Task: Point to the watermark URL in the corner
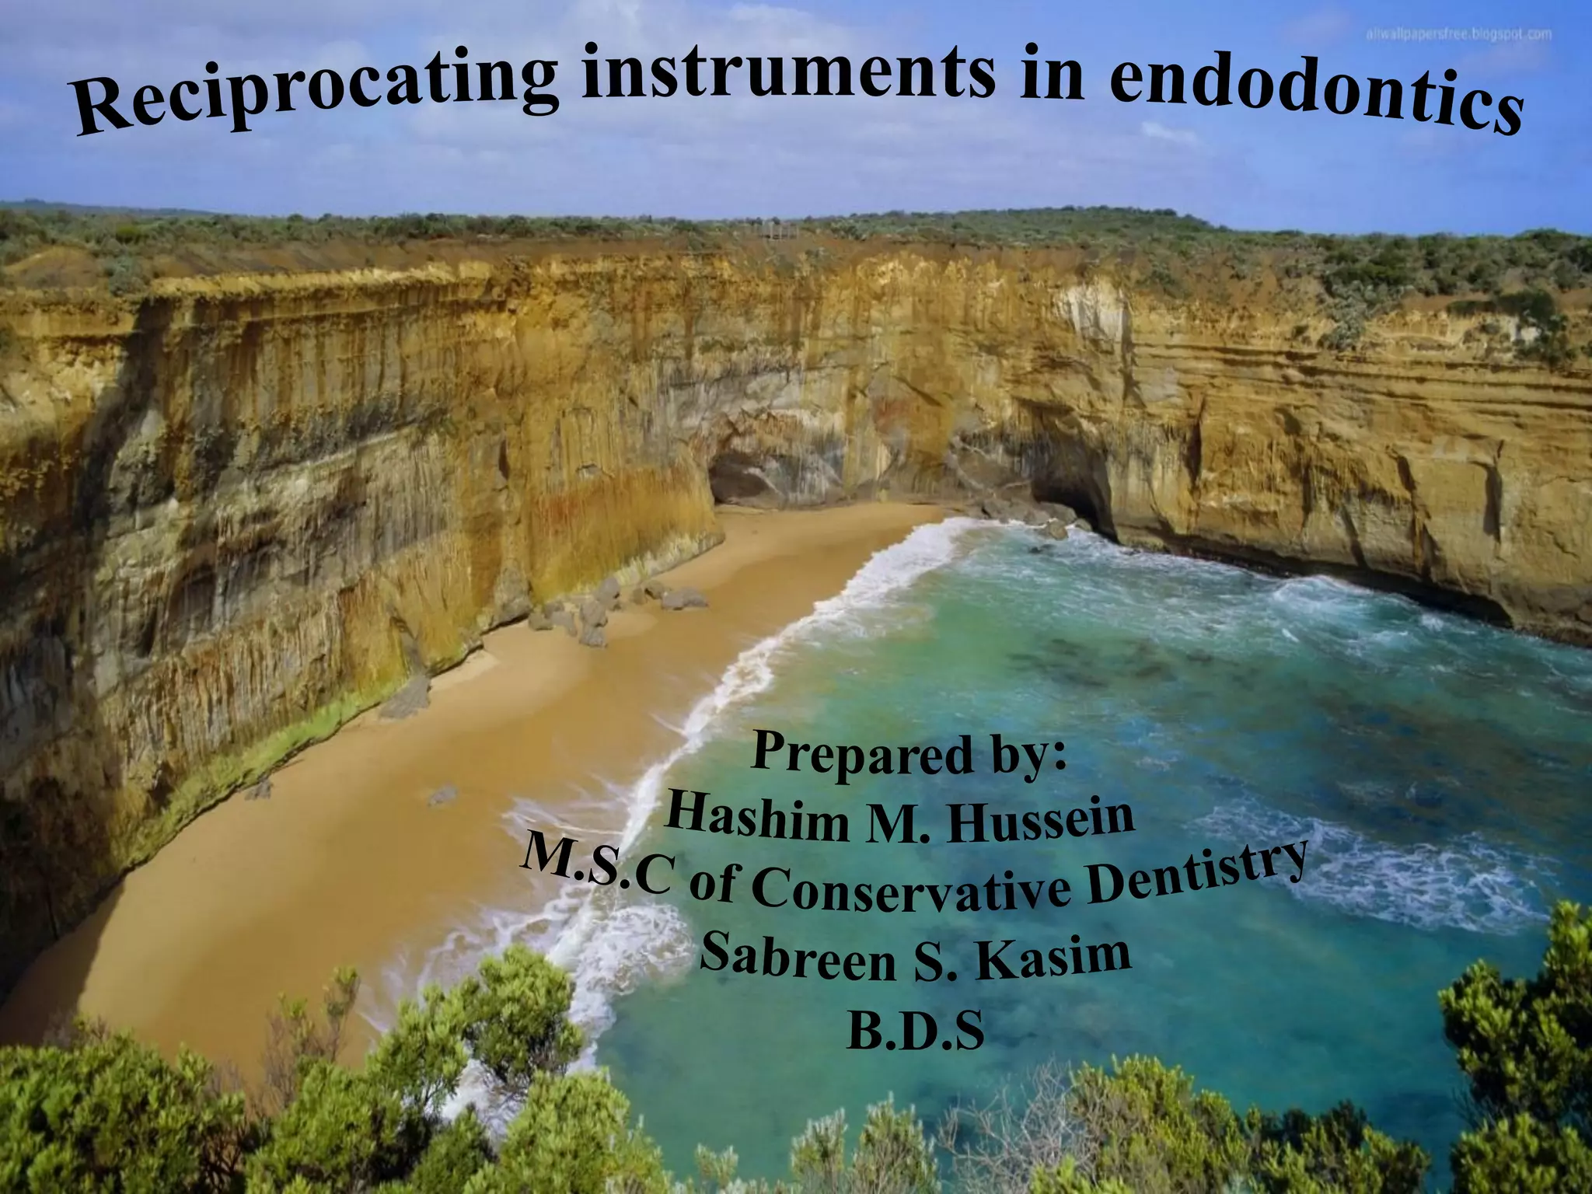(1458, 35)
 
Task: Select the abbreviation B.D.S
(916, 1030)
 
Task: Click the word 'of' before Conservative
(711, 885)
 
